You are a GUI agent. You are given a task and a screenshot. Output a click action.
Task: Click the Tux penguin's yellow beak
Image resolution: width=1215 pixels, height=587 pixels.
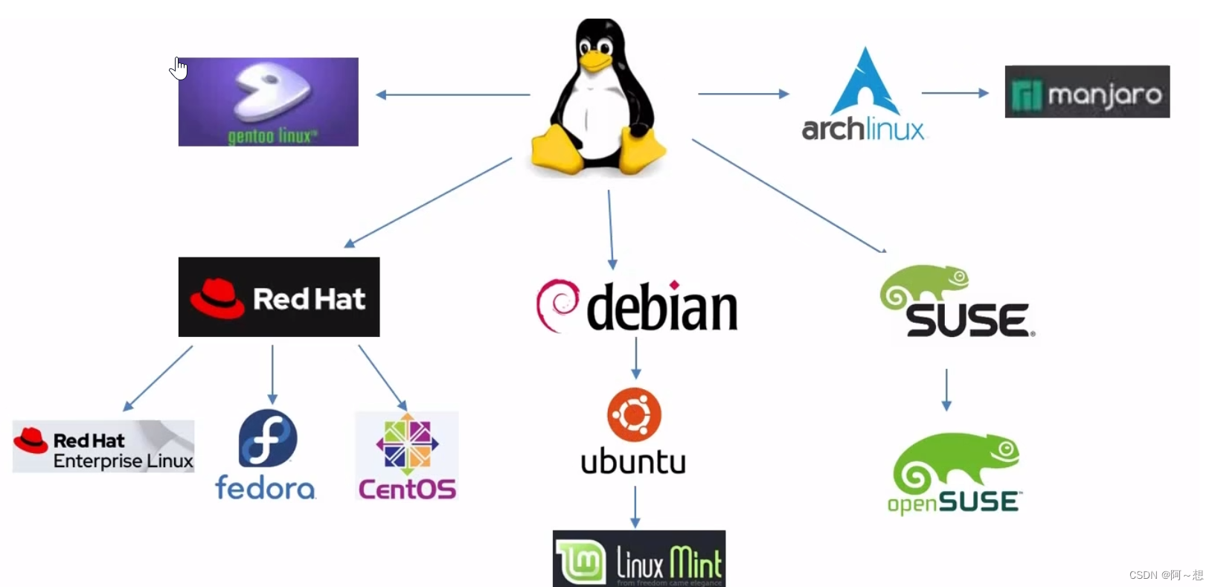tap(595, 62)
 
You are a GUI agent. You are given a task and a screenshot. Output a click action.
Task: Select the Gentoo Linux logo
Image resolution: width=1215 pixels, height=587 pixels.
tap(268, 102)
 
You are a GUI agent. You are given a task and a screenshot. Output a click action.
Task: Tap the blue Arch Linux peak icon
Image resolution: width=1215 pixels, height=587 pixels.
tap(865, 82)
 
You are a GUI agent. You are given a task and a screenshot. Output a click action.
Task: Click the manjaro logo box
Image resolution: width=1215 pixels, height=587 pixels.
tap(1087, 92)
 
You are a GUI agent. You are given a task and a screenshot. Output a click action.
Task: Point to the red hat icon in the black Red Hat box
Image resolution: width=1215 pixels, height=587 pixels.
tap(217, 298)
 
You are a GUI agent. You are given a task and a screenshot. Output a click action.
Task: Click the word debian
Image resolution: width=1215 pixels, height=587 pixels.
tap(661, 308)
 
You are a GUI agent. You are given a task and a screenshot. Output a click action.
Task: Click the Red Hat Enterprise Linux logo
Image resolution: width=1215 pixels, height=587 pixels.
tap(103, 446)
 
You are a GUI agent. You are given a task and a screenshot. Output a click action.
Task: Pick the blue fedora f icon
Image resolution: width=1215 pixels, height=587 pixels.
tap(268, 439)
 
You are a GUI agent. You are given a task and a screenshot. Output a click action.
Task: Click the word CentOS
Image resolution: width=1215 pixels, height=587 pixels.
tap(407, 489)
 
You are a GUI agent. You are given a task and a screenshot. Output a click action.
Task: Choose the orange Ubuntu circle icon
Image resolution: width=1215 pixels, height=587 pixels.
tap(634, 414)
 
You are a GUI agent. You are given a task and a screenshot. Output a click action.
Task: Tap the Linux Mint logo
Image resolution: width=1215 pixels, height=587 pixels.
tap(638, 559)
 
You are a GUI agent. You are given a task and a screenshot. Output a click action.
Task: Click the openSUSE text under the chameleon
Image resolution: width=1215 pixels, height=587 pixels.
tap(954, 503)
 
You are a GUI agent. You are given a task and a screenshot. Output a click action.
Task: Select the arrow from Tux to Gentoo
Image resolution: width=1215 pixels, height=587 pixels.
tap(453, 94)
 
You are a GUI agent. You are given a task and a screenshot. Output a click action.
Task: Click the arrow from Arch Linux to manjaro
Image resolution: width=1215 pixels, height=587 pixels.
tap(955, 93)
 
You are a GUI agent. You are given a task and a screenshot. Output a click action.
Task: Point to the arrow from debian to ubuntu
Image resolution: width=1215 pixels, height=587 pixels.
tap(635, 358)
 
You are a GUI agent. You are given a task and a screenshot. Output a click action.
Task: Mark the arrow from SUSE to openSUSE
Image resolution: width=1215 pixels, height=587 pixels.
tap(946, 389)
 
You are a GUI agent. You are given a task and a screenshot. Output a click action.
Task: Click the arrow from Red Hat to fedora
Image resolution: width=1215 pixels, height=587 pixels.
tap(272, 373)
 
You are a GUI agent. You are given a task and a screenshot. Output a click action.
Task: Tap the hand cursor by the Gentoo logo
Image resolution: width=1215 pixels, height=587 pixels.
tap(179, 69)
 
